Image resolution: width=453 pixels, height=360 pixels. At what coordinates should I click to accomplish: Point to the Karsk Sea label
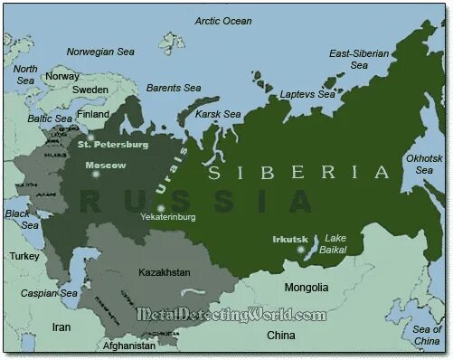tap(220, 114)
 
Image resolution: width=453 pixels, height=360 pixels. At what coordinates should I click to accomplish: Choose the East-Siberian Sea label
tap(359, 59)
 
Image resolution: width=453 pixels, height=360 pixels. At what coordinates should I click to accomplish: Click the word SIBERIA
tap(299, 173)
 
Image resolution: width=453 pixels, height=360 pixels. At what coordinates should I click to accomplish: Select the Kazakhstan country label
tap(165, 271)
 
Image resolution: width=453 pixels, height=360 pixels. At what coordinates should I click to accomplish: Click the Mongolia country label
tap(306, 288)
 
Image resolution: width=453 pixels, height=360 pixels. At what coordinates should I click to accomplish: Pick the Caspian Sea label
tap(50, 293)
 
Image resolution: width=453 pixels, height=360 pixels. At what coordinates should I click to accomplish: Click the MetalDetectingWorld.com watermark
tap(231, 315)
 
